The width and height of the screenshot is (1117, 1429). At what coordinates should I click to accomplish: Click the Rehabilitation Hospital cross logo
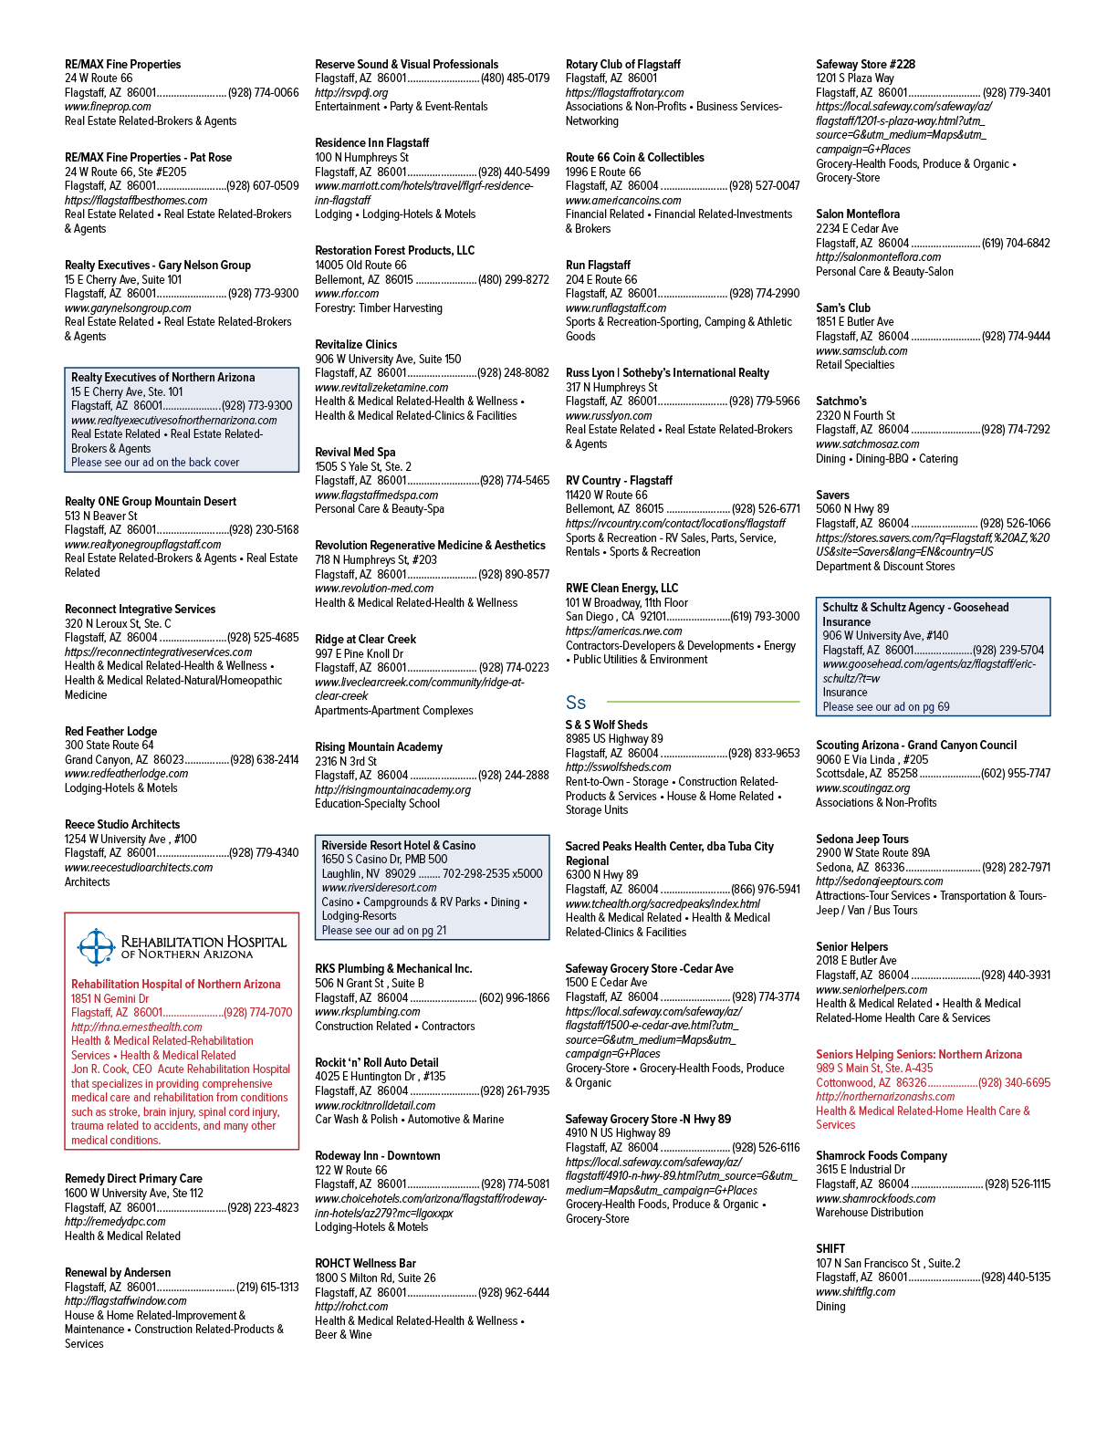(97, 947)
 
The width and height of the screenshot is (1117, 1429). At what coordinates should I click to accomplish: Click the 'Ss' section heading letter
(575, 703)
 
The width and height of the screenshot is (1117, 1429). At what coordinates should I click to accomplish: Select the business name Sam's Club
(843, 308)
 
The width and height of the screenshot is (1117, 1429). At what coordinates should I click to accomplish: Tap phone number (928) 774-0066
(263, 93)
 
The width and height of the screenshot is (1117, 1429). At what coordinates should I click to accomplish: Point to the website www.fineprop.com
(108, 107)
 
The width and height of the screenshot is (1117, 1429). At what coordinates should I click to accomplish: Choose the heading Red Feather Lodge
(111, 731)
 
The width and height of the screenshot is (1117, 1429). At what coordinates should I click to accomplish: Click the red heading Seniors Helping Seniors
(919, 1054)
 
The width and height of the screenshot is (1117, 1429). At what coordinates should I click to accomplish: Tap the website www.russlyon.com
(609, 415)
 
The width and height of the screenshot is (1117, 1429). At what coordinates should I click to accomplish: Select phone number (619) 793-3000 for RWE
(765, 617)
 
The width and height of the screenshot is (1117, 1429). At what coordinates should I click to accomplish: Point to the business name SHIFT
(830, 1249)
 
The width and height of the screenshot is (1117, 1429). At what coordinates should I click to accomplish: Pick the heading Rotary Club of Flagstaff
(623, 65)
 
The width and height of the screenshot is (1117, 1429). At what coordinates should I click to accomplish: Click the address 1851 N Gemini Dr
(110, 998)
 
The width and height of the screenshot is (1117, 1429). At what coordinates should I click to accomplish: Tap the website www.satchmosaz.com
(868, 443)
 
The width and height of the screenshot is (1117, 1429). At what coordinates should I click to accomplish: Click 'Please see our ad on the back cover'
(155, 463)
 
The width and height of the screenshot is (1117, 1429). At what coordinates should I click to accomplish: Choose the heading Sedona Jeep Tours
(861, 840)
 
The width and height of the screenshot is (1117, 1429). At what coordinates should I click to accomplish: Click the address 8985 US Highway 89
(614, 739)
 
